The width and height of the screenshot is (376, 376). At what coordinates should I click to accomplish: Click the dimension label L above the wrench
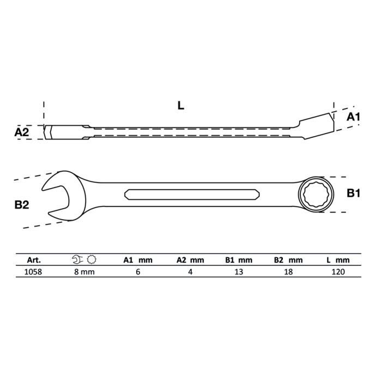coord(180,106)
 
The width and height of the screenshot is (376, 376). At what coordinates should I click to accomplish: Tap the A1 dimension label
coord(353,117)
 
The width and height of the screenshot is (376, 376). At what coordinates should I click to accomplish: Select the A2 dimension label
coord(22,132)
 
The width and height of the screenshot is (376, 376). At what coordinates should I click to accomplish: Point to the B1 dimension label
coord(353,193)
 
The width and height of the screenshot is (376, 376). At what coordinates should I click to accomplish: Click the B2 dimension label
coord(22,205)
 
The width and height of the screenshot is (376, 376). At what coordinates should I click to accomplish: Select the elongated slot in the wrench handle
coord(192,195)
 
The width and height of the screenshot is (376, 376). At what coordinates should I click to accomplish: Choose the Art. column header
coord(34,260)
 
